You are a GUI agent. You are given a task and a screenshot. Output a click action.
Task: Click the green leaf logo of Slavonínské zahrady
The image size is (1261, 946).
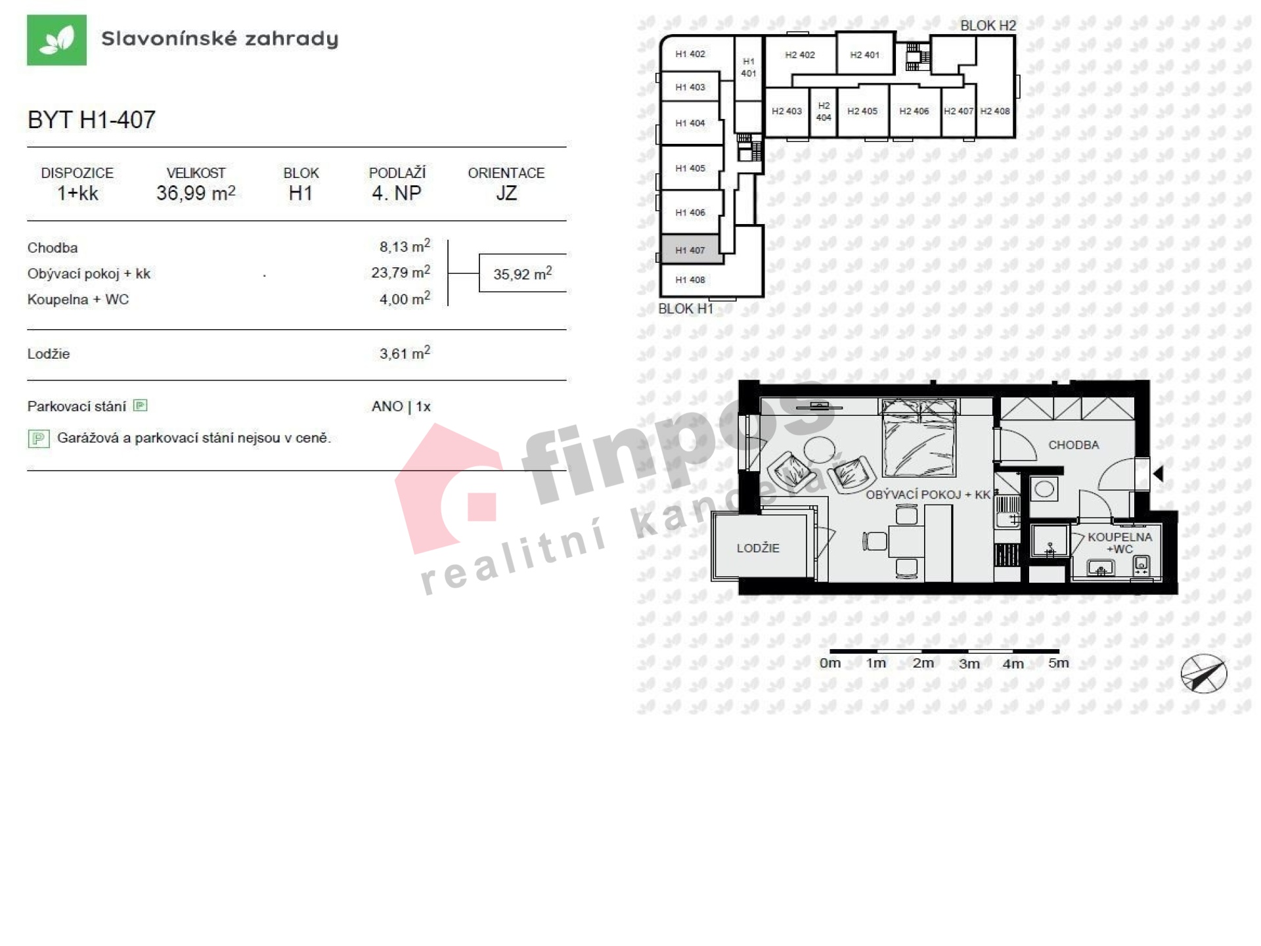click(x=56, y=40)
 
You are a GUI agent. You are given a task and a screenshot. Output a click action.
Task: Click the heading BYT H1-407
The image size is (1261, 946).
click(x=91, y=120)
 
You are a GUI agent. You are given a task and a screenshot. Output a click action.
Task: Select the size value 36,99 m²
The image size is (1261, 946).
click(x=196, y=193)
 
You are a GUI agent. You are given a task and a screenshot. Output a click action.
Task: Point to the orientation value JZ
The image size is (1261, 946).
click(x=506, y=193)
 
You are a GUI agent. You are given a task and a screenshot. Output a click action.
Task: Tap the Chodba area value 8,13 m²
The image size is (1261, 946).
click(x=405, y=246)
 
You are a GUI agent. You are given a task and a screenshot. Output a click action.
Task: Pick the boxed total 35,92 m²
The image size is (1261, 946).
click(x=522, y=273)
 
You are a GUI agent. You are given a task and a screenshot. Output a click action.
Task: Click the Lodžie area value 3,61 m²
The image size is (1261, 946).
click(x=405, y=353)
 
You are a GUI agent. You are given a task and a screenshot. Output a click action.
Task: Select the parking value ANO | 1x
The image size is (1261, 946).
click(x=401, y=407)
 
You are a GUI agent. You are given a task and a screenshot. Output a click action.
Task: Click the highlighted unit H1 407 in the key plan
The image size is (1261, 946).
click(x=690, y=250)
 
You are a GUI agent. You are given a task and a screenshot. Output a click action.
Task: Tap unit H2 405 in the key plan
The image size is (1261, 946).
click(x=862, y=111)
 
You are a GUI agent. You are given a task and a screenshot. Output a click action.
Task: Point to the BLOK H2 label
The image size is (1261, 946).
click(x=988, y=26)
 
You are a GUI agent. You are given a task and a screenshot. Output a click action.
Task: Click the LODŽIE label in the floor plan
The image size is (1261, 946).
click(x=758, y=548)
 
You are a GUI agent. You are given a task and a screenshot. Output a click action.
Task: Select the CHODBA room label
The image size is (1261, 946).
click(x=1073, y=445)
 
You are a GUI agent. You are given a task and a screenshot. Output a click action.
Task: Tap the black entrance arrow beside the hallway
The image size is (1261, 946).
click(x=1159, y=473)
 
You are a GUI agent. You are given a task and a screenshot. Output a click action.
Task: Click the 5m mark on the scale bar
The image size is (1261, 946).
click(x=1059, y=663)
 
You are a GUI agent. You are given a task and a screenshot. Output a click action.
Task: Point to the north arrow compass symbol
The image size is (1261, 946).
click(x=1203, y=673)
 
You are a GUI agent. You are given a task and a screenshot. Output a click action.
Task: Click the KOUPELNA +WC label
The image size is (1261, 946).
click(x=1119, y=543)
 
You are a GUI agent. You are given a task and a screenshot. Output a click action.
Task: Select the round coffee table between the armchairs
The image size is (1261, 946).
click(x=820, y=451)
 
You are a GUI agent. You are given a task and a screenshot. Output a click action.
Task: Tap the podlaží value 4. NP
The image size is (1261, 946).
click(x=397, y=193)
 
